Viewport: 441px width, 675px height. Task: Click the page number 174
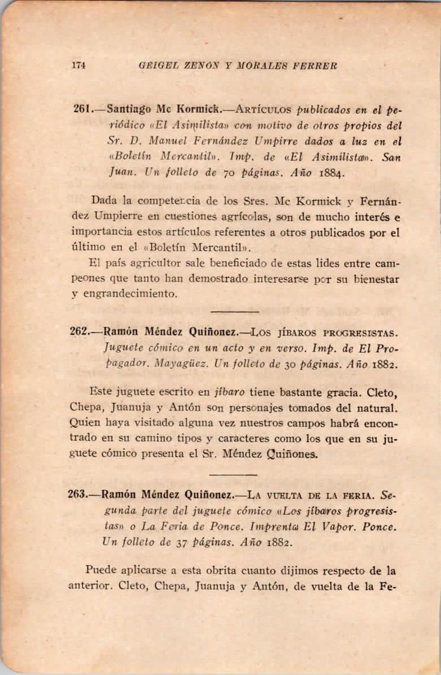click(x=78, y=65)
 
